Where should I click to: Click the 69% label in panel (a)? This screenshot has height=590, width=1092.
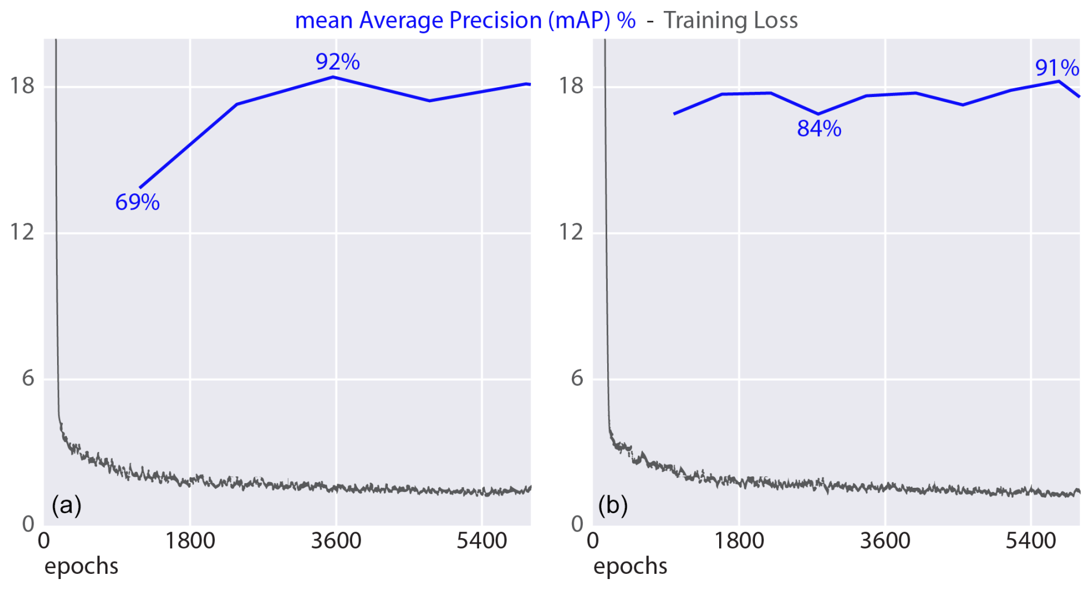[137, 202]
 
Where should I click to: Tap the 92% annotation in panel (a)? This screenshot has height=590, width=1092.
[338, 62]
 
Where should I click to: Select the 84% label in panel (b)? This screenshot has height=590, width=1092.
[819, 129]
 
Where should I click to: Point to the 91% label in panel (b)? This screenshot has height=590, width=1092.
[1057, 68]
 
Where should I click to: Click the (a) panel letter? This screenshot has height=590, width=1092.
[66, 505]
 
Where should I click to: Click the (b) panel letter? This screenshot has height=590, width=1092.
[613, 505]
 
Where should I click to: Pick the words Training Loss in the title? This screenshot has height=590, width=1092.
[730, 20]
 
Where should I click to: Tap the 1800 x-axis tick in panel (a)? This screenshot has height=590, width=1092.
[190, 542]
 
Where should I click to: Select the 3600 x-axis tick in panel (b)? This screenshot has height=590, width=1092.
[885, 542]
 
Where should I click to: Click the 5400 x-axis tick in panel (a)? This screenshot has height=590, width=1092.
[481, 542]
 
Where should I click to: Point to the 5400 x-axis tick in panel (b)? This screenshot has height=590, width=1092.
[1030, 542]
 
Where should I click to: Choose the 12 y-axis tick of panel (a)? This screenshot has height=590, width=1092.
[22, 232]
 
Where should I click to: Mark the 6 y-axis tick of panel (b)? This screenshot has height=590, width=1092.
[577, 379]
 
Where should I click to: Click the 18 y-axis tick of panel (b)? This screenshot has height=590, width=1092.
[571, 86]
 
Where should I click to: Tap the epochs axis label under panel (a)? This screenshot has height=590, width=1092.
[81, 566]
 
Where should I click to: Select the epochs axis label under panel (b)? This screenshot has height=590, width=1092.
[630, 566]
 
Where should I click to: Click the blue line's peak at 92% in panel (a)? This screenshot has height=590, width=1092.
[334, 77]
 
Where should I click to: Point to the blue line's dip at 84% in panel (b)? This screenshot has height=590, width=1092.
[818, 114]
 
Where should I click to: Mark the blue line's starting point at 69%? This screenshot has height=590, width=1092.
[140, 188]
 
